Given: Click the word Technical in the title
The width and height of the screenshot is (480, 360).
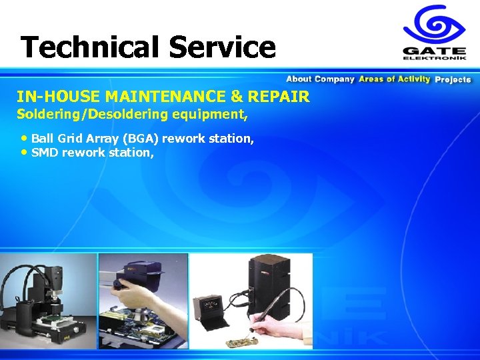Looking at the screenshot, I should (x=89, y=47).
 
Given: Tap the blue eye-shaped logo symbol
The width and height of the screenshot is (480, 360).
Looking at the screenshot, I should (x=434, y=25).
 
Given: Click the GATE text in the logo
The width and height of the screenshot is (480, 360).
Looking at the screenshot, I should (x=434, y=51).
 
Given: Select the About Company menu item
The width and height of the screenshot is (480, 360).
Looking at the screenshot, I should (x=320, y=79).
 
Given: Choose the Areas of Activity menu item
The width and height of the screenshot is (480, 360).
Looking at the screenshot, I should (x=394, y=79).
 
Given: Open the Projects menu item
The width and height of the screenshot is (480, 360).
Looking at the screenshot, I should (x=453, y=79).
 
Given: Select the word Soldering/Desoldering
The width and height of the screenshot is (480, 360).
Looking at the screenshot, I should (x=73, y=114).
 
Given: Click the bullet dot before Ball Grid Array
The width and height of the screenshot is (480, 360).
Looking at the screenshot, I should (x=24, y=138).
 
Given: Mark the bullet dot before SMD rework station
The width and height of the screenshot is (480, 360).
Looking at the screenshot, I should (x=24, y=152).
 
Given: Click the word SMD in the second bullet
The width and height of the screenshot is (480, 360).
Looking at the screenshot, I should (x=45, y=153).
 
